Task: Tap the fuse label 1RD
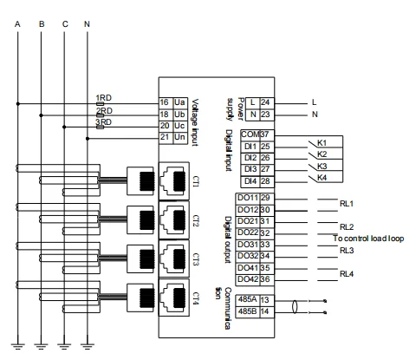point(103,97)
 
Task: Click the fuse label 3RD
point(103,122)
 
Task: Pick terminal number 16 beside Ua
point(164,102)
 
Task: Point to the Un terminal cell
point(179,137)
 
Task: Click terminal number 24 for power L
point(265,102)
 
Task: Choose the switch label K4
point(322,177)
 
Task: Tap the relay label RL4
point(347,274)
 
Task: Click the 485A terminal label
point(247,298)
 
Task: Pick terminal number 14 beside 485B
point(266,310)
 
